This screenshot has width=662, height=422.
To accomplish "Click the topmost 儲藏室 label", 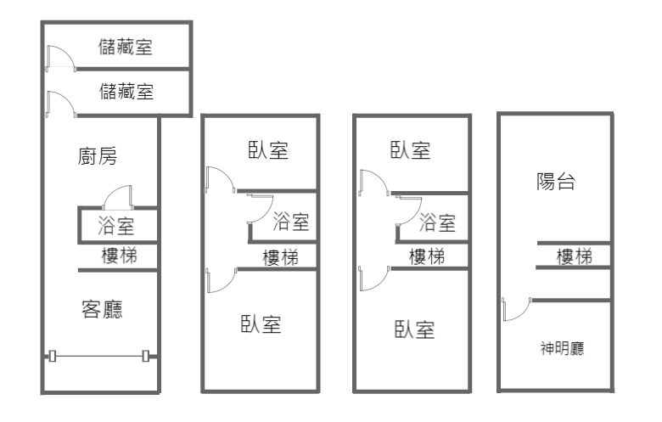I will pos(126,47).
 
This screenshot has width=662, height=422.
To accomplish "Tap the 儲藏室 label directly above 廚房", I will pos(126,91).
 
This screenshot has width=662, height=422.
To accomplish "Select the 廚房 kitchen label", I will pos(97,157).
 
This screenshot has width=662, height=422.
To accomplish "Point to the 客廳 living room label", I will pos(101,309).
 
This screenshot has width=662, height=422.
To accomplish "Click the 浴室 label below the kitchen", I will pos(115,227).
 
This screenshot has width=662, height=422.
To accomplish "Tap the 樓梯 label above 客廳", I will pos(118,256).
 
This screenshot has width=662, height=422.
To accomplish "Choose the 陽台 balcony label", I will pos(557,181).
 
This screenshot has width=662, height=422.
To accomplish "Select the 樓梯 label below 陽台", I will pos(575,256).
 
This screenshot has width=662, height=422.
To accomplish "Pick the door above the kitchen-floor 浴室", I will pos(116,198).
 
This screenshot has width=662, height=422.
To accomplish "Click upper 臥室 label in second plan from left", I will pos(267,151).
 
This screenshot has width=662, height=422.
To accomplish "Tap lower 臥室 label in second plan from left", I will pos(261,324).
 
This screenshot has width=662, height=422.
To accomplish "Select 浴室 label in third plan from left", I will pos(438,223).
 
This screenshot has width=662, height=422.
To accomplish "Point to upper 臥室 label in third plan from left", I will pos(410,151).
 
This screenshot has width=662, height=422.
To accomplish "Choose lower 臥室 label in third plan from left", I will pos(415,329).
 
